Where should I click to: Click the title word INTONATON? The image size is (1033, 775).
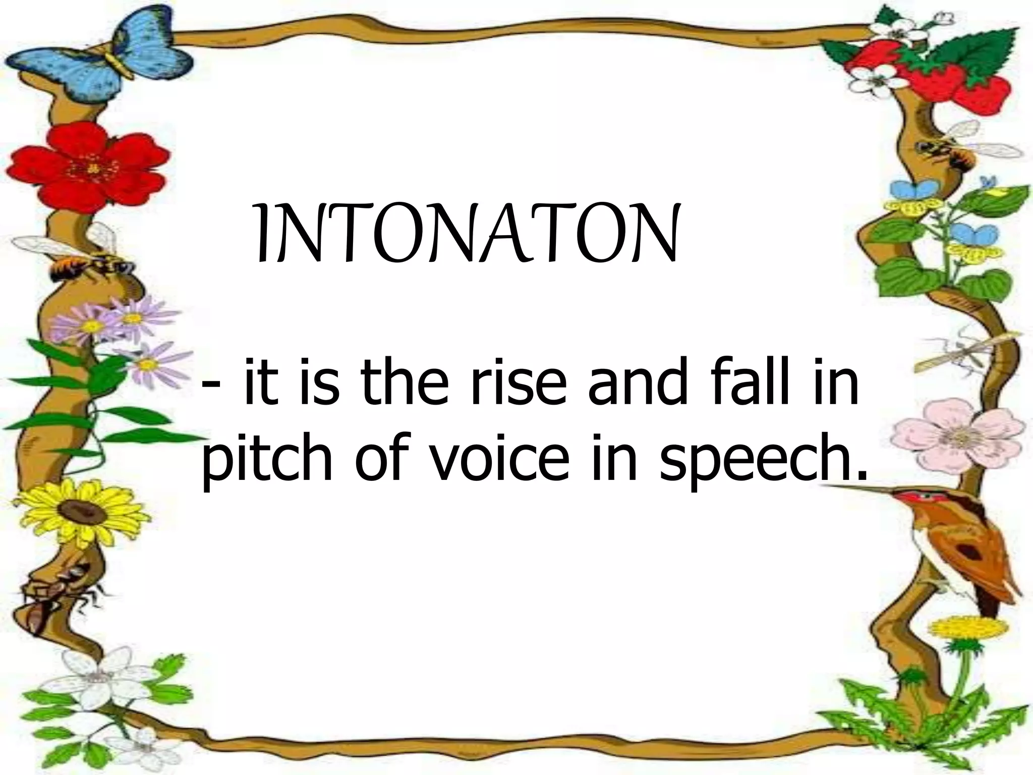[x=467, y=235]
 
